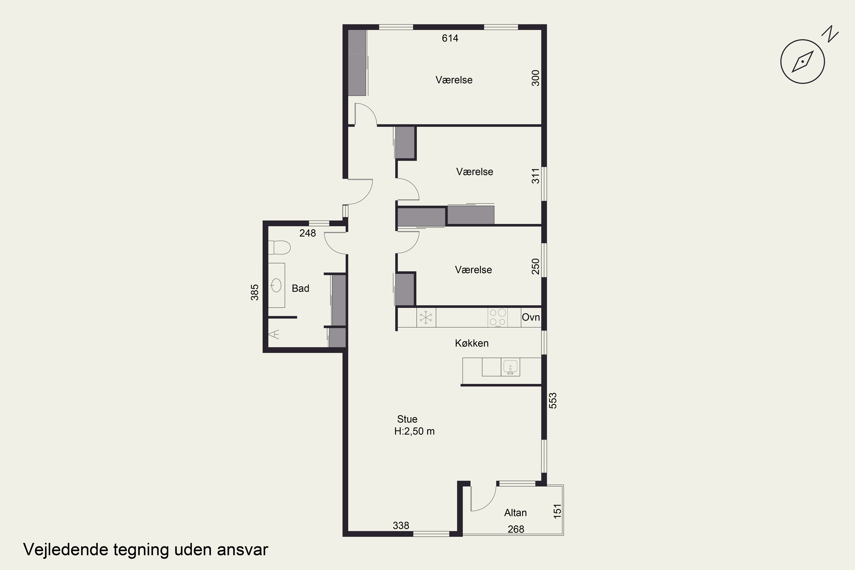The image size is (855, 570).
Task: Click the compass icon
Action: pos(803,62)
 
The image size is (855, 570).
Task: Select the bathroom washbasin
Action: pos(276,285)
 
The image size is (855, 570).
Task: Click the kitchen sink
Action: pos(510,367)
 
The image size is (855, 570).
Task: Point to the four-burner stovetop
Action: pos(498,317)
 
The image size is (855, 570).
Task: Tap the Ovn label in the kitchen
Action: pos(531,317)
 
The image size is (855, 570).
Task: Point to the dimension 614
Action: pos(450,38)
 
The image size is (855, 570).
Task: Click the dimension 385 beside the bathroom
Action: pos(255,292)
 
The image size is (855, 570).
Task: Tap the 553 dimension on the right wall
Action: pos(553,401)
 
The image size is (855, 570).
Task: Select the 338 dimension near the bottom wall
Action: pos(401,526)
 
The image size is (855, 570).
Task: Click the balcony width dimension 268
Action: pos(516,529)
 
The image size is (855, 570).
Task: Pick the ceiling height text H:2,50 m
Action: pos(414,431)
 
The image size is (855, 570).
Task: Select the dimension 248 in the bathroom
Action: pos(308,233)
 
